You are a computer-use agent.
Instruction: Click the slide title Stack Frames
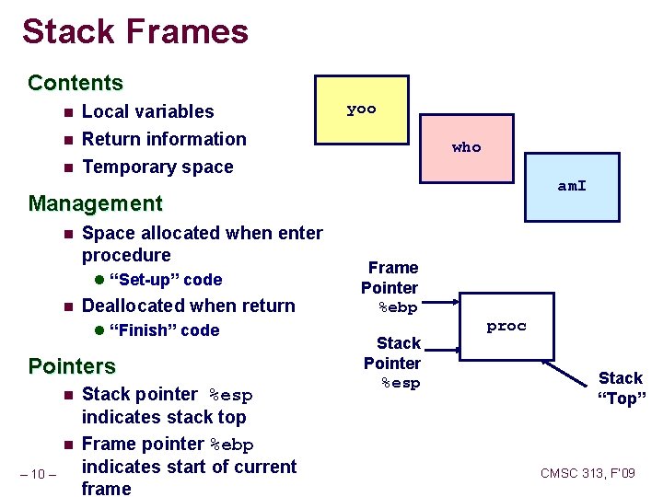tap(135, 32)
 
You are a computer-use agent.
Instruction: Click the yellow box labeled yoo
tap(362, 110)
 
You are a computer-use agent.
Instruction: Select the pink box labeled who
tap(466, 147)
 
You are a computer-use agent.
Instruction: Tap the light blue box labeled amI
tap(572, 187)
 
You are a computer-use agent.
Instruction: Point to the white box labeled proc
tap(506, 327)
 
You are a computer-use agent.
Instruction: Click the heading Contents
tap(76, 83)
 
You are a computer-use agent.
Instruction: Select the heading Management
tap(95, 202)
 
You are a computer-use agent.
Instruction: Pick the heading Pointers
tap(72, 365)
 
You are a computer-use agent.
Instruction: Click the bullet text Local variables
tap(147, 111)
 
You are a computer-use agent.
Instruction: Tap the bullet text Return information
tap(164, 139)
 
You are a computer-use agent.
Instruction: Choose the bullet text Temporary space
tap(157, 167)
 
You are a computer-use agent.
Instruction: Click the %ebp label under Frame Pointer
tap(399, 308)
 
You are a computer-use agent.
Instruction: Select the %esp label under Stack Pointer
tap(401, 384)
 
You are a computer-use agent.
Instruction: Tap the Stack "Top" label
tap(622, 387)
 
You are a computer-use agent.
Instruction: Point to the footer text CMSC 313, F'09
tap(587, 473)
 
